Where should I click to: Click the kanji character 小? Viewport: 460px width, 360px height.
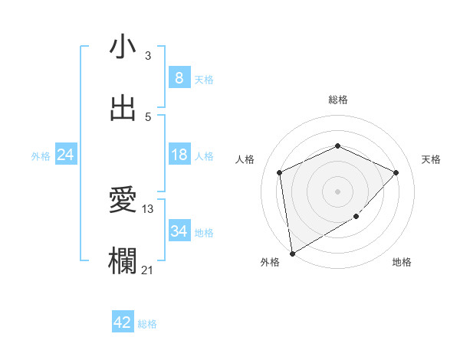click(123, 47)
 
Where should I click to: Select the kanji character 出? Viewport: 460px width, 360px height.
click(123, 108)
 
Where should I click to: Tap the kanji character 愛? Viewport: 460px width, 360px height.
click(123, 201)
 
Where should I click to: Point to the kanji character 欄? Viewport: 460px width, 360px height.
click(123, 261)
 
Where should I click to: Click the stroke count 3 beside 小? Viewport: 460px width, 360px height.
click(148, 56)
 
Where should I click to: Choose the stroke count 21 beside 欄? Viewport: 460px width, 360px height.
click(148, 270)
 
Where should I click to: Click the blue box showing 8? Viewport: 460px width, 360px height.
click(179, 77)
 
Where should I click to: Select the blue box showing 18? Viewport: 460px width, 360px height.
click(179, 155)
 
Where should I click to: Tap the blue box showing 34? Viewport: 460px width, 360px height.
click(179, 231)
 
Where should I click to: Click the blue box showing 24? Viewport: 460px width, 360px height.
click(66, 155)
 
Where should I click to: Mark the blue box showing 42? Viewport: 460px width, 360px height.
click(123, 322)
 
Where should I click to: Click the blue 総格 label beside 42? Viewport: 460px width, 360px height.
click(147, 324)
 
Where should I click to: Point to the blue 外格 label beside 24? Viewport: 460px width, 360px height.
click(41, 156)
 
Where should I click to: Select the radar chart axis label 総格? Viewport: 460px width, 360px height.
click(338, 100)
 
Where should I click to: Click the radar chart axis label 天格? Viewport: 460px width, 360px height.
click(431, 159)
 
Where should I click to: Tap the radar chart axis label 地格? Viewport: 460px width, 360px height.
click(402, 262)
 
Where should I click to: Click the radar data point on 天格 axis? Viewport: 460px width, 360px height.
click(396, 172)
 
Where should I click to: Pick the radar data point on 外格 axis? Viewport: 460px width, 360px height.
click(291, 253)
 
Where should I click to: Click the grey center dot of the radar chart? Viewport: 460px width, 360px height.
click(337, 191)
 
